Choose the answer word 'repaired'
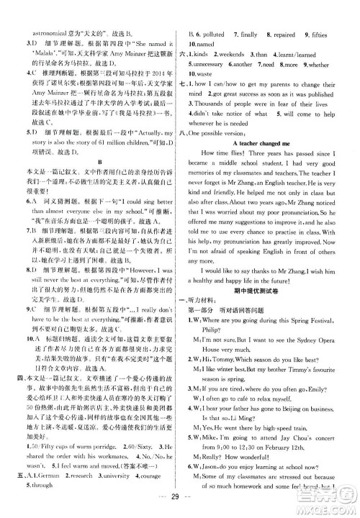282,34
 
